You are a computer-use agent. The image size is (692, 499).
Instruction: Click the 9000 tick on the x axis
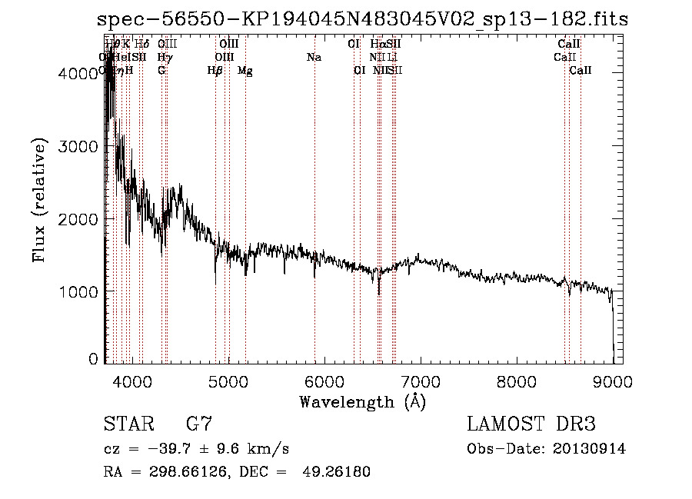(x=613, y=380)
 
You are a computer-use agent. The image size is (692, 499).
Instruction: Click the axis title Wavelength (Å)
(x=362, y=401)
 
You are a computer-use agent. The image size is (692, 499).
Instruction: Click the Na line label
(x=314, y=58)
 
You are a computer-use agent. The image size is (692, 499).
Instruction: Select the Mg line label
(x=245, y=71)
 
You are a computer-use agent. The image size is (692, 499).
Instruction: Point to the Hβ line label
(x=215, y=71)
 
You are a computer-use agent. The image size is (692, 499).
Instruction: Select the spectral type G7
(x=199, y=424)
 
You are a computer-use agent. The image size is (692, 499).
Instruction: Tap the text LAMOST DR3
(x=531, y=424)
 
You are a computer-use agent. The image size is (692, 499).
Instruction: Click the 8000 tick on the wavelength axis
(x=516, y=380)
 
